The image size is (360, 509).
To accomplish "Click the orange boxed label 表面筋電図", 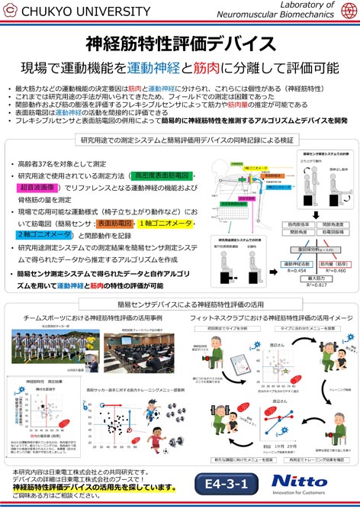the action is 114,224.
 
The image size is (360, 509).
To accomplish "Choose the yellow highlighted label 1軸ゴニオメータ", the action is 163,224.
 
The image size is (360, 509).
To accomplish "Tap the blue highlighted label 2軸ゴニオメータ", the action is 46,235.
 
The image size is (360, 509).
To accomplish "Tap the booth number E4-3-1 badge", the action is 230,484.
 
